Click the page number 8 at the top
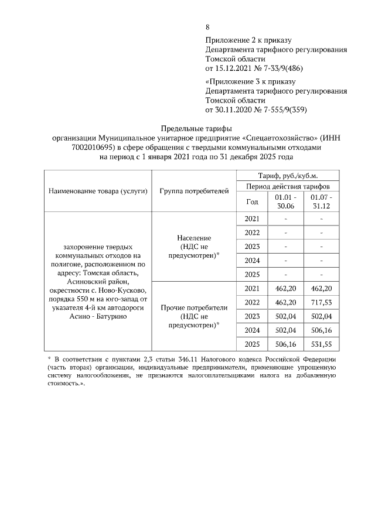(x=207, y=28)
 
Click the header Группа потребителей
(x=193, y=192)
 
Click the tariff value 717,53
(x=321, y=302)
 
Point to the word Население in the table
(x=193, y=238)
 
